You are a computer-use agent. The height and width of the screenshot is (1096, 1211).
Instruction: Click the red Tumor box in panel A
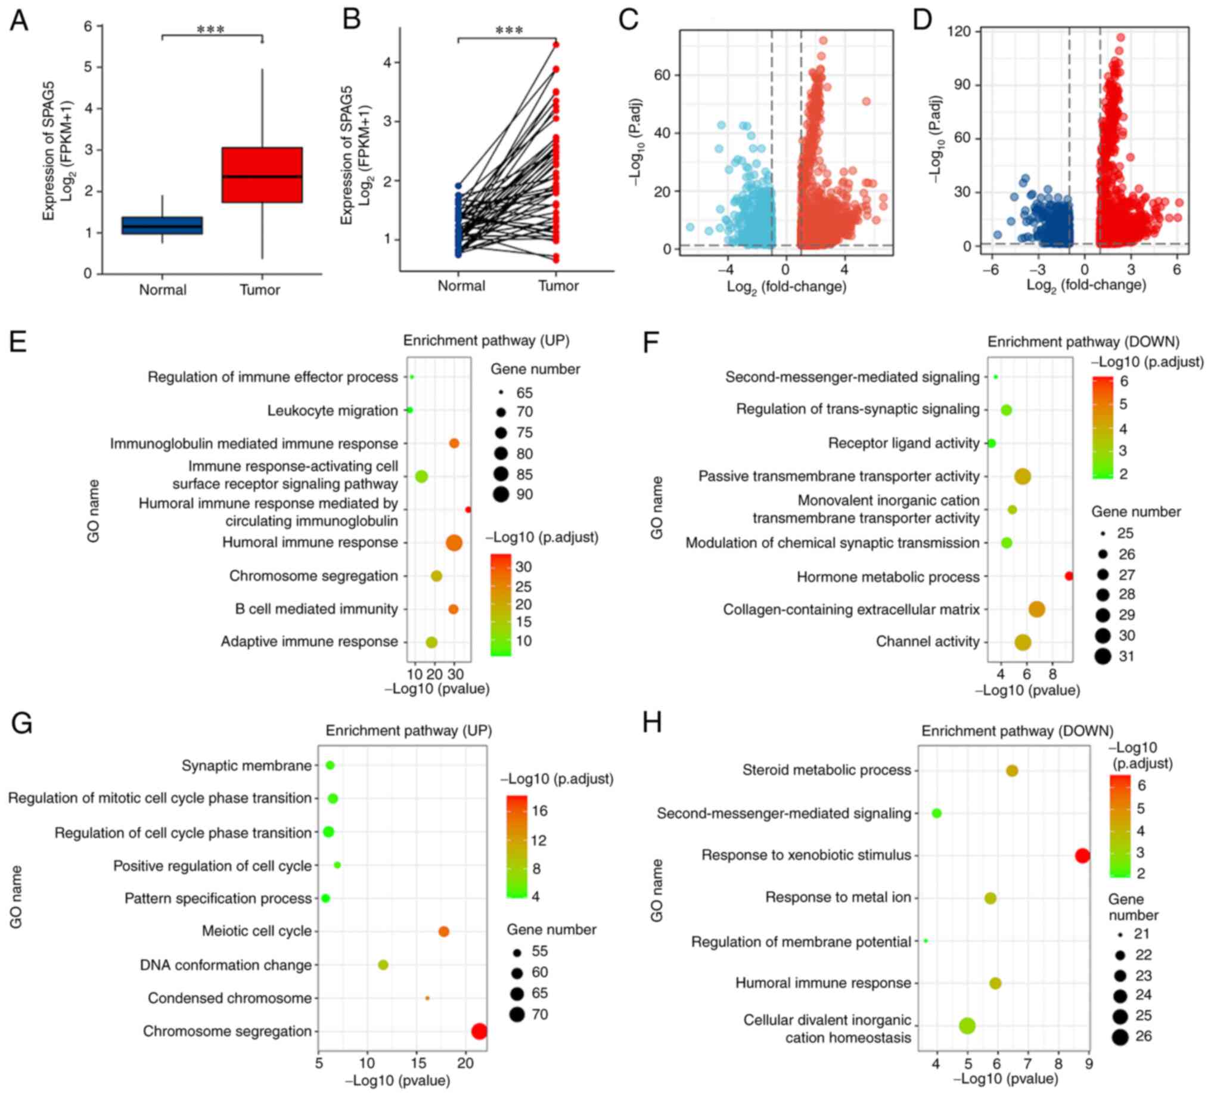[261, 174]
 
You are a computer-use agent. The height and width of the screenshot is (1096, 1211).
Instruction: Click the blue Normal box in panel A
[162, 225]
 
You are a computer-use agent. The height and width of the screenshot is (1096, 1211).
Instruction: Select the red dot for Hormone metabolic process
[1069, 576]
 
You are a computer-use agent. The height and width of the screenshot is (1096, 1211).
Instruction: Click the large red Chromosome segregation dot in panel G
[479, 1032]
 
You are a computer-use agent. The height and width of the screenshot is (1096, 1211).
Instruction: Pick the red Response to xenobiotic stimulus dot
[1082, 856]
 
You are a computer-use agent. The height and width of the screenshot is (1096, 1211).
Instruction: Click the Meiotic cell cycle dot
[443, 931]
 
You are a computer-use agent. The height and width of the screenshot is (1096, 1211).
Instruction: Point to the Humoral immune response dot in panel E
[454, 543]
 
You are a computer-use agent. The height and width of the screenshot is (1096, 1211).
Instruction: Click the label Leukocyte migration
[332, 410]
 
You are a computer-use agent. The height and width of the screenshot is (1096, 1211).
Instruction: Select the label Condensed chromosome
[229, 998]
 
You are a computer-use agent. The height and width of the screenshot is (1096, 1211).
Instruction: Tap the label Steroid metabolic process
[827, 770]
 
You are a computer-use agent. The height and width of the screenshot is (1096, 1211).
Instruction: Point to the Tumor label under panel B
[558, 286]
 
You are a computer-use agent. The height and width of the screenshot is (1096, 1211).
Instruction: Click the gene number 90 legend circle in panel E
[501, 494]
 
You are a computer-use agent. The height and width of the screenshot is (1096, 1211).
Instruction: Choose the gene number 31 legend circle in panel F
[1103, 656]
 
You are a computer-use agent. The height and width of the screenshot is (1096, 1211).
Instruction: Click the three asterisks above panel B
[509, 30]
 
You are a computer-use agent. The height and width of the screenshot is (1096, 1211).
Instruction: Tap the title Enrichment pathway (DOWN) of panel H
[1017, 730]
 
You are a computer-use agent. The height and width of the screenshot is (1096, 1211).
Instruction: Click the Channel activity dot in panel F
[1023, 642]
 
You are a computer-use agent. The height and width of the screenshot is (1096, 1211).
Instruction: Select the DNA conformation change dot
[383, 965]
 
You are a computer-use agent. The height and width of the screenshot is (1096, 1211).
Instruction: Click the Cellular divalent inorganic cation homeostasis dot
[967, 1026]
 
